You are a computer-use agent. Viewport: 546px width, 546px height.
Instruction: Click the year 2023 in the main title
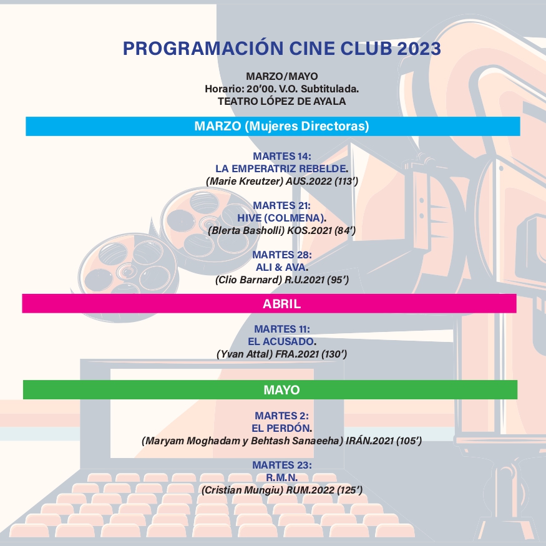[x=419, y=49]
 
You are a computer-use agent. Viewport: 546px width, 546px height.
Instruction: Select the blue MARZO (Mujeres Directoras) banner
[x=273, y=126]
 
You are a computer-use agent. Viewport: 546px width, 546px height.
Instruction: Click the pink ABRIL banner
[x=269, y=303]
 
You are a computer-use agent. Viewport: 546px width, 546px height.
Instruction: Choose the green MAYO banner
[x=270, y=389]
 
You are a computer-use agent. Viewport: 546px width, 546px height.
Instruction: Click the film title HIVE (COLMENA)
[x=281, y=218]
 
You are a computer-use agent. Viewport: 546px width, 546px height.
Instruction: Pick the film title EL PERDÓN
[x=281, y=428]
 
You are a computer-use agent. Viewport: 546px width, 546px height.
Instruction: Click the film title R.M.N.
[x=281, y=477]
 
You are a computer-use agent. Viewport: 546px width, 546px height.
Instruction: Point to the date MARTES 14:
[x=282, y=156]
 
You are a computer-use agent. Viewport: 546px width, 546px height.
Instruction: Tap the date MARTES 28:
[x=282, y=255]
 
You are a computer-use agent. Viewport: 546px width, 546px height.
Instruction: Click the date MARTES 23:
[x=282, y=465]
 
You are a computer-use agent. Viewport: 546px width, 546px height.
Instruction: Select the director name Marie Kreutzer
[x=245, y=182]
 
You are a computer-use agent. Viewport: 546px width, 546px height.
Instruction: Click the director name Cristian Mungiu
[x=243, y=490]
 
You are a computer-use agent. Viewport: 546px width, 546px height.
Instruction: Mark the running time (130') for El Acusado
[x=334, y=354]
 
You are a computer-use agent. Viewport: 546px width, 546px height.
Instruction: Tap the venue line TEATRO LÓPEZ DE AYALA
[x=281, y=101]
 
